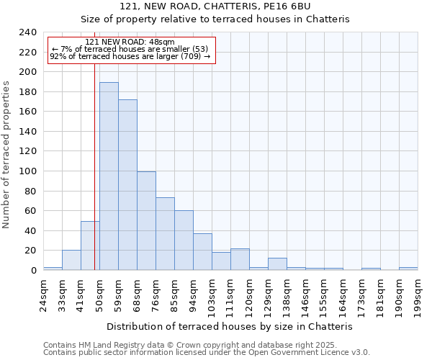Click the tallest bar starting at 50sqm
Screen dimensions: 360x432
pos(109,176)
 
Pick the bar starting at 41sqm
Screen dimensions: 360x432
pos(90,246)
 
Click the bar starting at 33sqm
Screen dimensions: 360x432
pos(71,260)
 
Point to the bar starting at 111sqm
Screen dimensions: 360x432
pos(240,259)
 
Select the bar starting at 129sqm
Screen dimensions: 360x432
pos(277,264)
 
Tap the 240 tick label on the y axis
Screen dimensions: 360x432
pos(27,32)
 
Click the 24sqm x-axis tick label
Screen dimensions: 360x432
pos(44,294)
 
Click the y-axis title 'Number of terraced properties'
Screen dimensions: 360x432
pos(7,154)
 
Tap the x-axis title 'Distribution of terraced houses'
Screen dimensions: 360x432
pos(235,326)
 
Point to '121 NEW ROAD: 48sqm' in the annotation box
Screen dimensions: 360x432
pos(130,42)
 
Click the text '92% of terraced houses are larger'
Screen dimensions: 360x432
pos(130,56)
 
